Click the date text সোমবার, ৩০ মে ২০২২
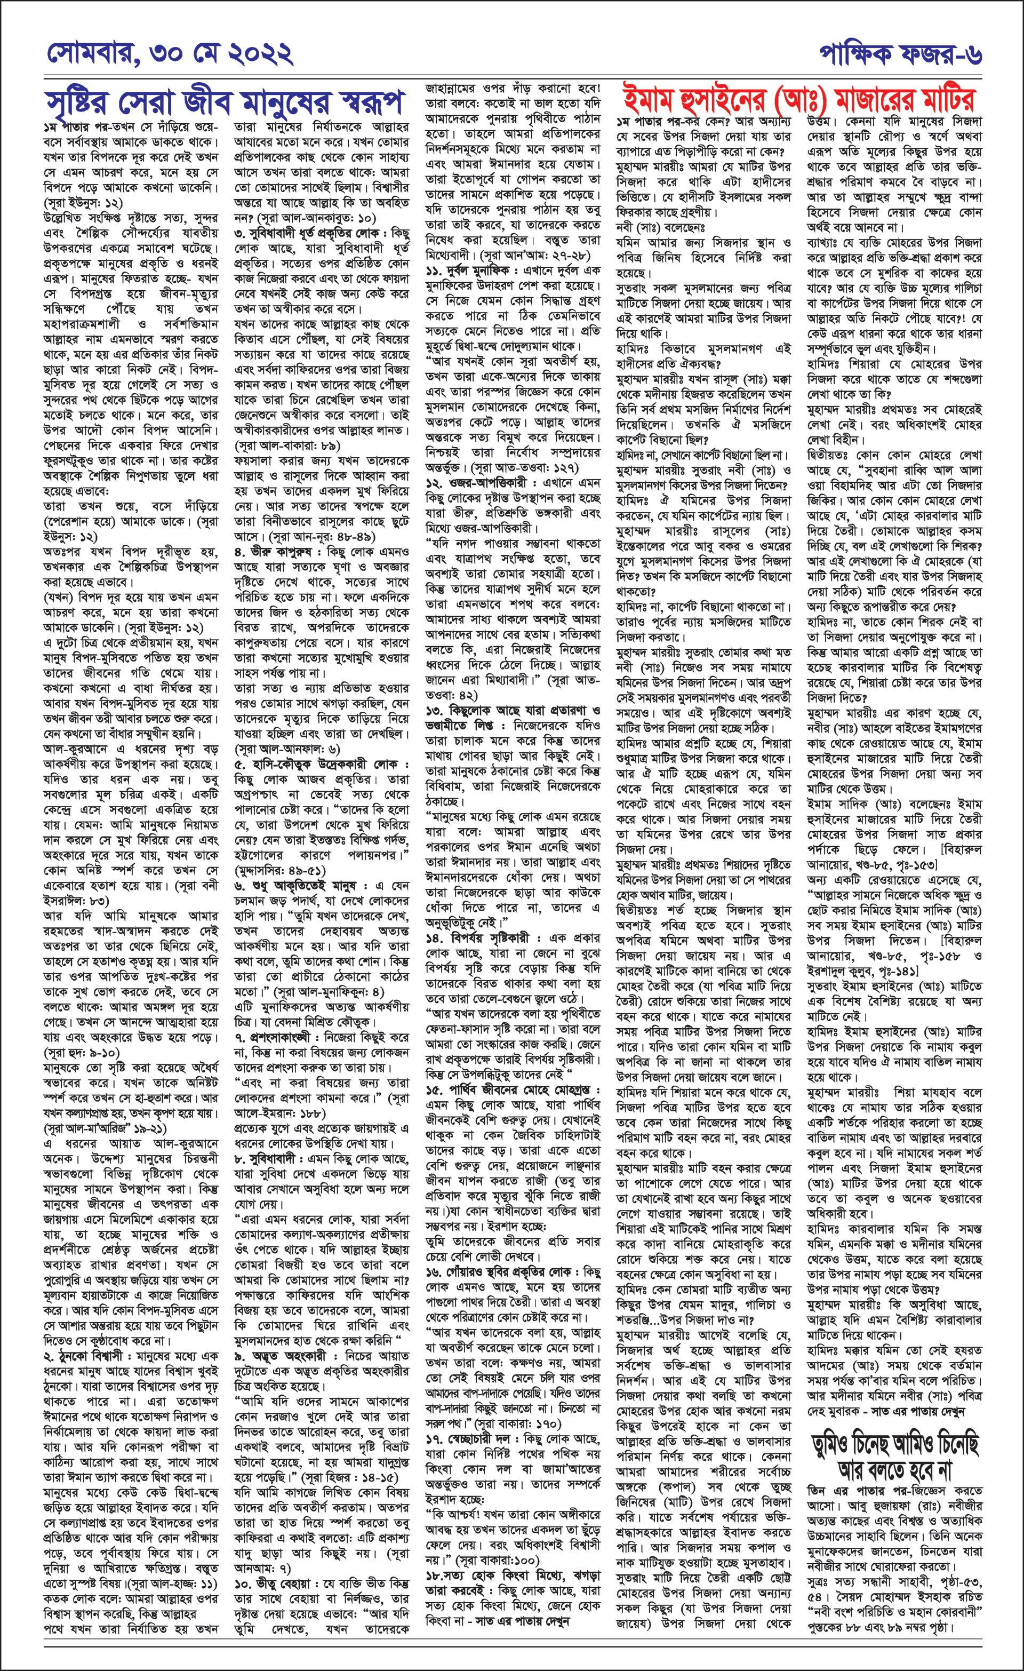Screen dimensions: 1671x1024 (170, 53)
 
